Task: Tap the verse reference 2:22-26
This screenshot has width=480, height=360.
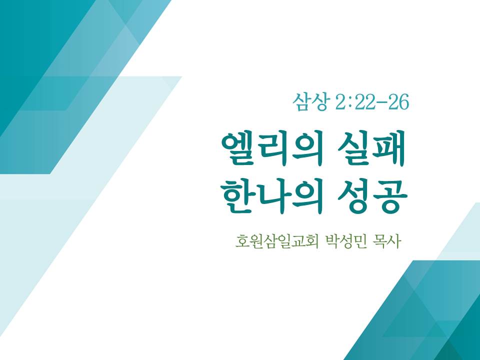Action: pos(372,102)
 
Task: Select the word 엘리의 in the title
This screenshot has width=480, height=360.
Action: pos(272,148)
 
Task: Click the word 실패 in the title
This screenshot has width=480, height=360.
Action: pos(371,148)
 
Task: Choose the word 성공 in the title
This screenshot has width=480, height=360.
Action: pos(372,196)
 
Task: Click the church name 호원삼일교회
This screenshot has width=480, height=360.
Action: pos(277,242)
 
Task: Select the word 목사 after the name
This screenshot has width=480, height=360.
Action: pos(386,242)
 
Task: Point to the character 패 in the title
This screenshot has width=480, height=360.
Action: pos(390,148)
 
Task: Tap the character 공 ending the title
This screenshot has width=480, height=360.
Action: pos(391,196)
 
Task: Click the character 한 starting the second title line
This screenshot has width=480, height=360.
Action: pos(236,196)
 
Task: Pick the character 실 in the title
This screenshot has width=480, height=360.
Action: pos(354,148)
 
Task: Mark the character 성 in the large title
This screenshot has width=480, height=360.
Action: pos(354,196)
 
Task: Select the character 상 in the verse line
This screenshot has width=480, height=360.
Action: pos(318,102)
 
